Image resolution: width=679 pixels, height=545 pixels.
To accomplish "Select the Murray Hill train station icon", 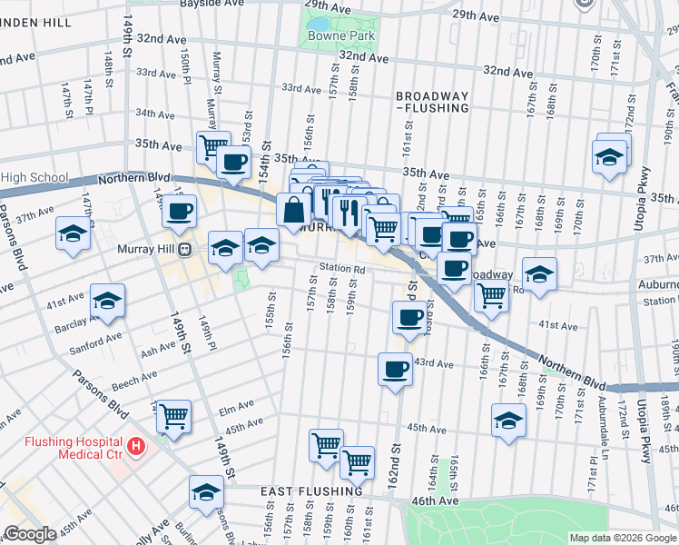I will (184, 249).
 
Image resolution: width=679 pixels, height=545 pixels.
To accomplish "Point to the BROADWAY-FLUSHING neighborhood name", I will (432, 102).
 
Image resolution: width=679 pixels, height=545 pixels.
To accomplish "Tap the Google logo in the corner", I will (30, 534).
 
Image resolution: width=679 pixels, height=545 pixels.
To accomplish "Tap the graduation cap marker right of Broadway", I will (539, 274).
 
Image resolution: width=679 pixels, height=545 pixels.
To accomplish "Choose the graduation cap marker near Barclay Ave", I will (108, 301).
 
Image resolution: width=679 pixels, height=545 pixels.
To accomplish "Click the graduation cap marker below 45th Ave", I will (508, 421).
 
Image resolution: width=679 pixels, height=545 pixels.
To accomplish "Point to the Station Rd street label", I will (341, 269).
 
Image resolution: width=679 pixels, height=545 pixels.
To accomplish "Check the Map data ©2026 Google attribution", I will (623, 538).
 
